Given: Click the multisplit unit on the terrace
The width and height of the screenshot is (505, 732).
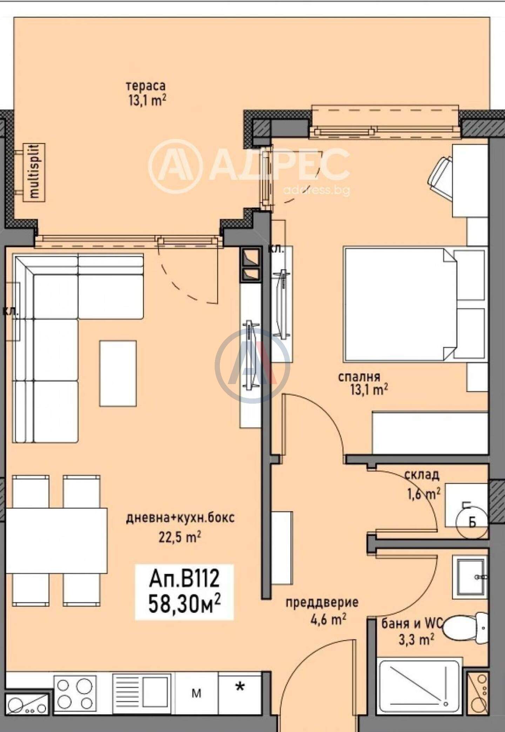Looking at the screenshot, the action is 34,172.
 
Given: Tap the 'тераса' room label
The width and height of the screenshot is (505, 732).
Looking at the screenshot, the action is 146,86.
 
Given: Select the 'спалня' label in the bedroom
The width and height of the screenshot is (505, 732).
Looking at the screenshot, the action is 359,377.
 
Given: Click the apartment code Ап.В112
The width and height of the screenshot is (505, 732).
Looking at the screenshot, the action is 184,578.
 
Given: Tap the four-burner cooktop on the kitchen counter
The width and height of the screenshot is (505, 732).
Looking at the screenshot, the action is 75,693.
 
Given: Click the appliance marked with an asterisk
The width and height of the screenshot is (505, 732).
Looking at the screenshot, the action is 240,694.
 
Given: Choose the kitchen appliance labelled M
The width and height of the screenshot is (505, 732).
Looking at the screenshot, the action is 197,694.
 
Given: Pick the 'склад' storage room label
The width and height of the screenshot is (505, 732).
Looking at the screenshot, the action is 422,475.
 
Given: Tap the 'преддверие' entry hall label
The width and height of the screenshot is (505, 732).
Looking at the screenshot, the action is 322,602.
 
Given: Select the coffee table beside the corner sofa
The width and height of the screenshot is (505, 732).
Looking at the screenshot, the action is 118,373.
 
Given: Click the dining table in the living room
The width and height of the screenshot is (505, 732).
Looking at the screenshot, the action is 56,540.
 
